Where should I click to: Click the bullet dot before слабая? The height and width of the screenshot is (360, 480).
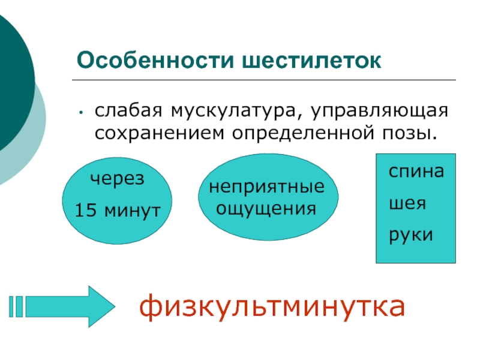[80, 112]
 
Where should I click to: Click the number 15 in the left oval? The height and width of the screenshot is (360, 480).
[85, 211]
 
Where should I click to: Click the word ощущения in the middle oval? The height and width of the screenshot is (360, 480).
[266, 208]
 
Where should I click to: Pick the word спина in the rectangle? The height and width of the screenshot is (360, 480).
[416, 173]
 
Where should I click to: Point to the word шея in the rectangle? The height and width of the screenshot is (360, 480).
[407, 203]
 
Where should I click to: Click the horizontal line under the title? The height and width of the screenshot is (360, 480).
[264, 80]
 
